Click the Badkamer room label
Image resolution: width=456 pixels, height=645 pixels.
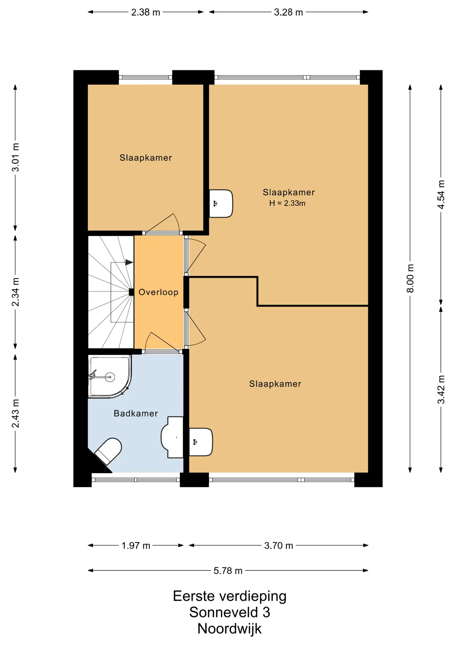136,413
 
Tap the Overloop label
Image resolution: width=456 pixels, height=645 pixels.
158,292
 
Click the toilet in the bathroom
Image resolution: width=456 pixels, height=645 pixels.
108,451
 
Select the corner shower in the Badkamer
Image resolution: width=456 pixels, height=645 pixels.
109,377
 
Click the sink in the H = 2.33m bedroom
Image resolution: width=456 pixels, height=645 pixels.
221,204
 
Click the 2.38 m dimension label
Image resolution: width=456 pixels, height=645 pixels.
145,12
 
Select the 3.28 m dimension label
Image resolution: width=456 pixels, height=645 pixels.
288,12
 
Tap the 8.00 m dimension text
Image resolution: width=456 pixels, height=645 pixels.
410,278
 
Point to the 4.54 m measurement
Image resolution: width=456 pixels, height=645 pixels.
441,195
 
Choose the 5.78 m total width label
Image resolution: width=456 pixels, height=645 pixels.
228,571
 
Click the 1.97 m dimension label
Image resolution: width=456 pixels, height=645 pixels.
136,546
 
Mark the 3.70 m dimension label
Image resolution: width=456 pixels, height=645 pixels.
279,546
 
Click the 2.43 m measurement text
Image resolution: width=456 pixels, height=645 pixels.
15,414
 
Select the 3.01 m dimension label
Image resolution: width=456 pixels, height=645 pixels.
15,157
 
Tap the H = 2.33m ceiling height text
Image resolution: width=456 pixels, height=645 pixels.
287,203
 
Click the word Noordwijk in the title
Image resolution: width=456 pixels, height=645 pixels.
229,629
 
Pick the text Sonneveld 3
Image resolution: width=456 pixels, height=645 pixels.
230,612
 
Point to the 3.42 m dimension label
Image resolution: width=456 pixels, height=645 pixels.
441,390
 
